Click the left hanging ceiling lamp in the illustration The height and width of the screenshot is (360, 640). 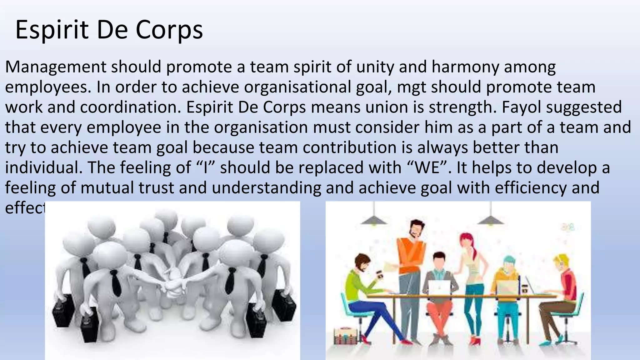373,219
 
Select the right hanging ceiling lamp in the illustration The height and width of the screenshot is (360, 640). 491,219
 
